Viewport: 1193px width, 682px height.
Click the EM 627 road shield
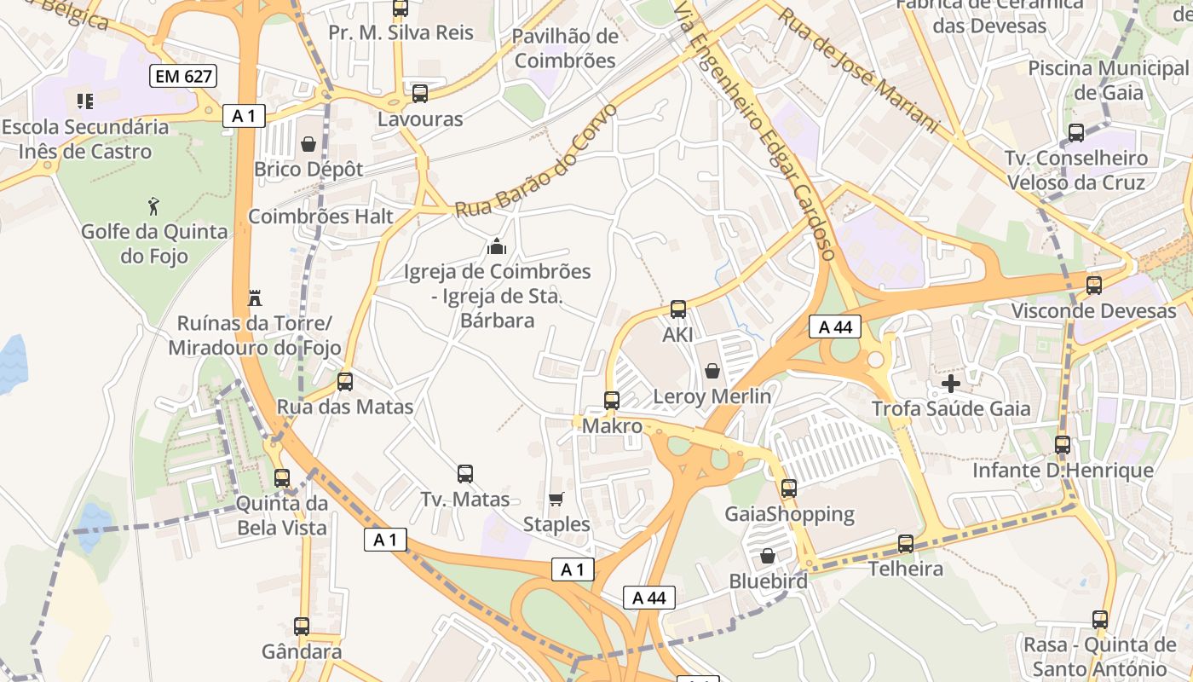click(x=182, y=76)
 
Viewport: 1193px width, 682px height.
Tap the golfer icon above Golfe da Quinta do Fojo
click(x=153, y=205)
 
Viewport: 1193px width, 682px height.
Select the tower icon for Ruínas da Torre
click(x=254, y=298)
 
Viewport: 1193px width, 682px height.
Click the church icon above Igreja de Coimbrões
click(x=496, y=247)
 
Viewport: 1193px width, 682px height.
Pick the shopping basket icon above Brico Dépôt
click(x=308, y=144)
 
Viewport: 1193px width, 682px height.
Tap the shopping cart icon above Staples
click(x=556, y=499)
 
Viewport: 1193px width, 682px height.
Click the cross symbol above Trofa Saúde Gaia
click(x=950, y=384)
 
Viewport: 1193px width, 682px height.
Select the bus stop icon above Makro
click(x=611, y=399)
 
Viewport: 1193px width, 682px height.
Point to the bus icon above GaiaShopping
click(x=789, y=488)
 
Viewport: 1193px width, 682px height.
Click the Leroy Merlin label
click(x=712, y=396)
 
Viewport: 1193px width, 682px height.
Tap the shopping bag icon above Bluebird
click(x=768, y=556)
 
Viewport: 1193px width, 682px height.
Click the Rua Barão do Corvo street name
click(x=535, y=161)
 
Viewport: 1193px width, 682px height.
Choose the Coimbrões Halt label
click(x=320, y=217)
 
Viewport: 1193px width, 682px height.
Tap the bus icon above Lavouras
click(x=419, y=94)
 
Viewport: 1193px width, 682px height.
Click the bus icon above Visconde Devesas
click(x=1094, y=285)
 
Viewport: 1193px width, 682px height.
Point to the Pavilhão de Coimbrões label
click(x=566, y=49)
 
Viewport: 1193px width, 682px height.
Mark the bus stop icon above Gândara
click(x=302, y=627)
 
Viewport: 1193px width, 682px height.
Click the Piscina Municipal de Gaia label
click(x=1108, y=80)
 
